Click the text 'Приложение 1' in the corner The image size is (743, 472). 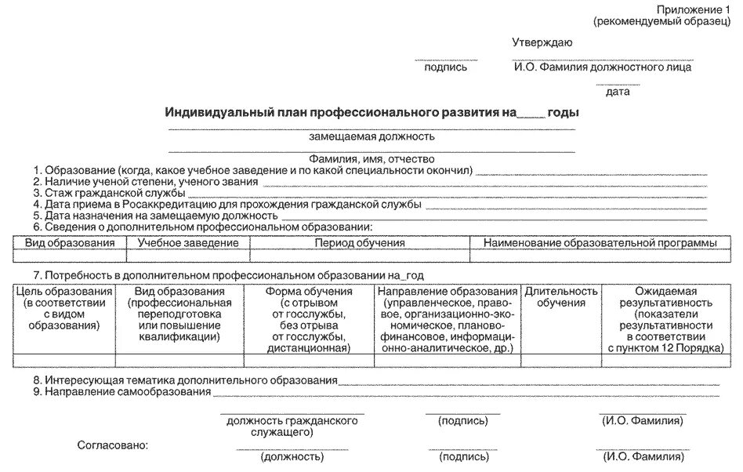point(693,9)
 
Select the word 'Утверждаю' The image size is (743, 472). point(542,42)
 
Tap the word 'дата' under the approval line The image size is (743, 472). point(618,92)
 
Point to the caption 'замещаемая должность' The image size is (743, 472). point(371,136)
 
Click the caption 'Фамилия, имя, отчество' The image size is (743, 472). point(371,158)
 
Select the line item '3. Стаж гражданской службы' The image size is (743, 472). point(109,192)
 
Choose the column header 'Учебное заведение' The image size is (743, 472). point(188,243)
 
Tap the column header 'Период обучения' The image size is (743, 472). point(360,243)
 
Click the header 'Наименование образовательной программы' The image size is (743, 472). point(600,243)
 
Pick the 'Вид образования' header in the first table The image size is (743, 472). point(70,243)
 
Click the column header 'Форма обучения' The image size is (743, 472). point(309,292)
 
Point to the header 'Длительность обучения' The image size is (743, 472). point(561,297)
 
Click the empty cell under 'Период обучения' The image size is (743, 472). point(360,256)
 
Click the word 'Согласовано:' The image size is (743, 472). point(112,445)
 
